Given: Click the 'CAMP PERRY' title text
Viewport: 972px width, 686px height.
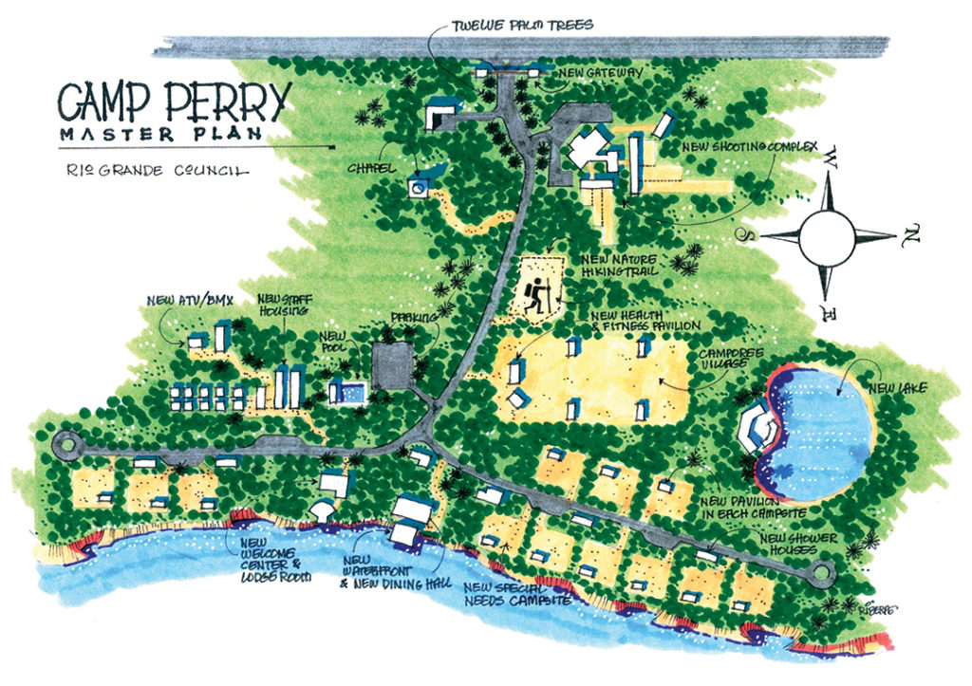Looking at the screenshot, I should pos(172,100).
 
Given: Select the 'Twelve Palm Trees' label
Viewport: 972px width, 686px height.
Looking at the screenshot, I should pos(522,25).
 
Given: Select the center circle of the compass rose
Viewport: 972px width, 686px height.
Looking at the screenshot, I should pos(828,237).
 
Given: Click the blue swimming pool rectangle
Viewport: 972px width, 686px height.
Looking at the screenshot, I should pos(347,392).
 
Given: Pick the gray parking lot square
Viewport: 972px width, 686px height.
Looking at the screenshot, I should pos(393,365).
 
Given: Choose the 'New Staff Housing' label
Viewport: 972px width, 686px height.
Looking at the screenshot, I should pos(280,305).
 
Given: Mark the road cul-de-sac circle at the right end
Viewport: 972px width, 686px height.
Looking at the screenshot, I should pos(820,572).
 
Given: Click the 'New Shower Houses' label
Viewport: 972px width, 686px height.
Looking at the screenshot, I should pos(799,546).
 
